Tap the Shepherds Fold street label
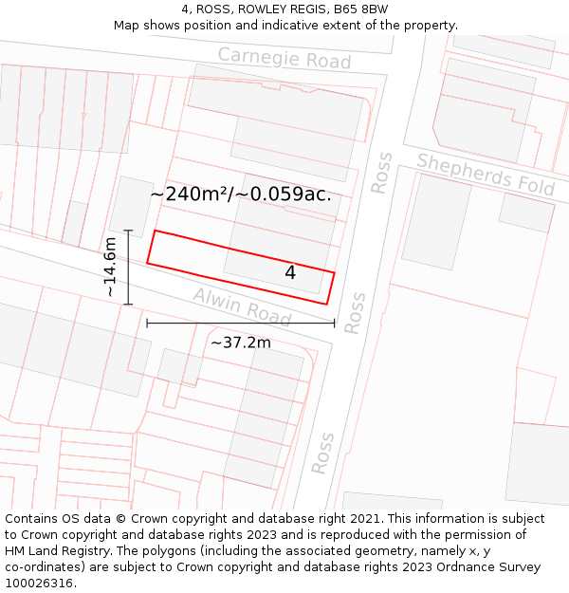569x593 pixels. click(x=485, y=174)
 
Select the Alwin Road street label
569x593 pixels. click(x=242, y=304)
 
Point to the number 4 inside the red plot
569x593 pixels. click(x=290, y=272)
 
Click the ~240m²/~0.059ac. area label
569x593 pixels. click(x=241, y=195)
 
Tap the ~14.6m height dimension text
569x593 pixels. click(x=111, y=268)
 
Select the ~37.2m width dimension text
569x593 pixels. click(x=240, y=343)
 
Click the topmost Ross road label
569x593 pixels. click(x=381, y=173)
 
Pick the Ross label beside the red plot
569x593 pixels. click(x=355, y=313)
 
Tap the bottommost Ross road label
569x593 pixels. click(x=323, y=454)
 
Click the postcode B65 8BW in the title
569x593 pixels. click(x=360, y=9)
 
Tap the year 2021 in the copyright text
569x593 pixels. click(x=361, y=519)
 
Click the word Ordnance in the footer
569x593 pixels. click(x=464, y=567)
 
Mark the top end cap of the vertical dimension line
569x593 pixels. click(x=128, y=230)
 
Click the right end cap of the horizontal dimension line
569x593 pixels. click(x=335, y=324)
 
